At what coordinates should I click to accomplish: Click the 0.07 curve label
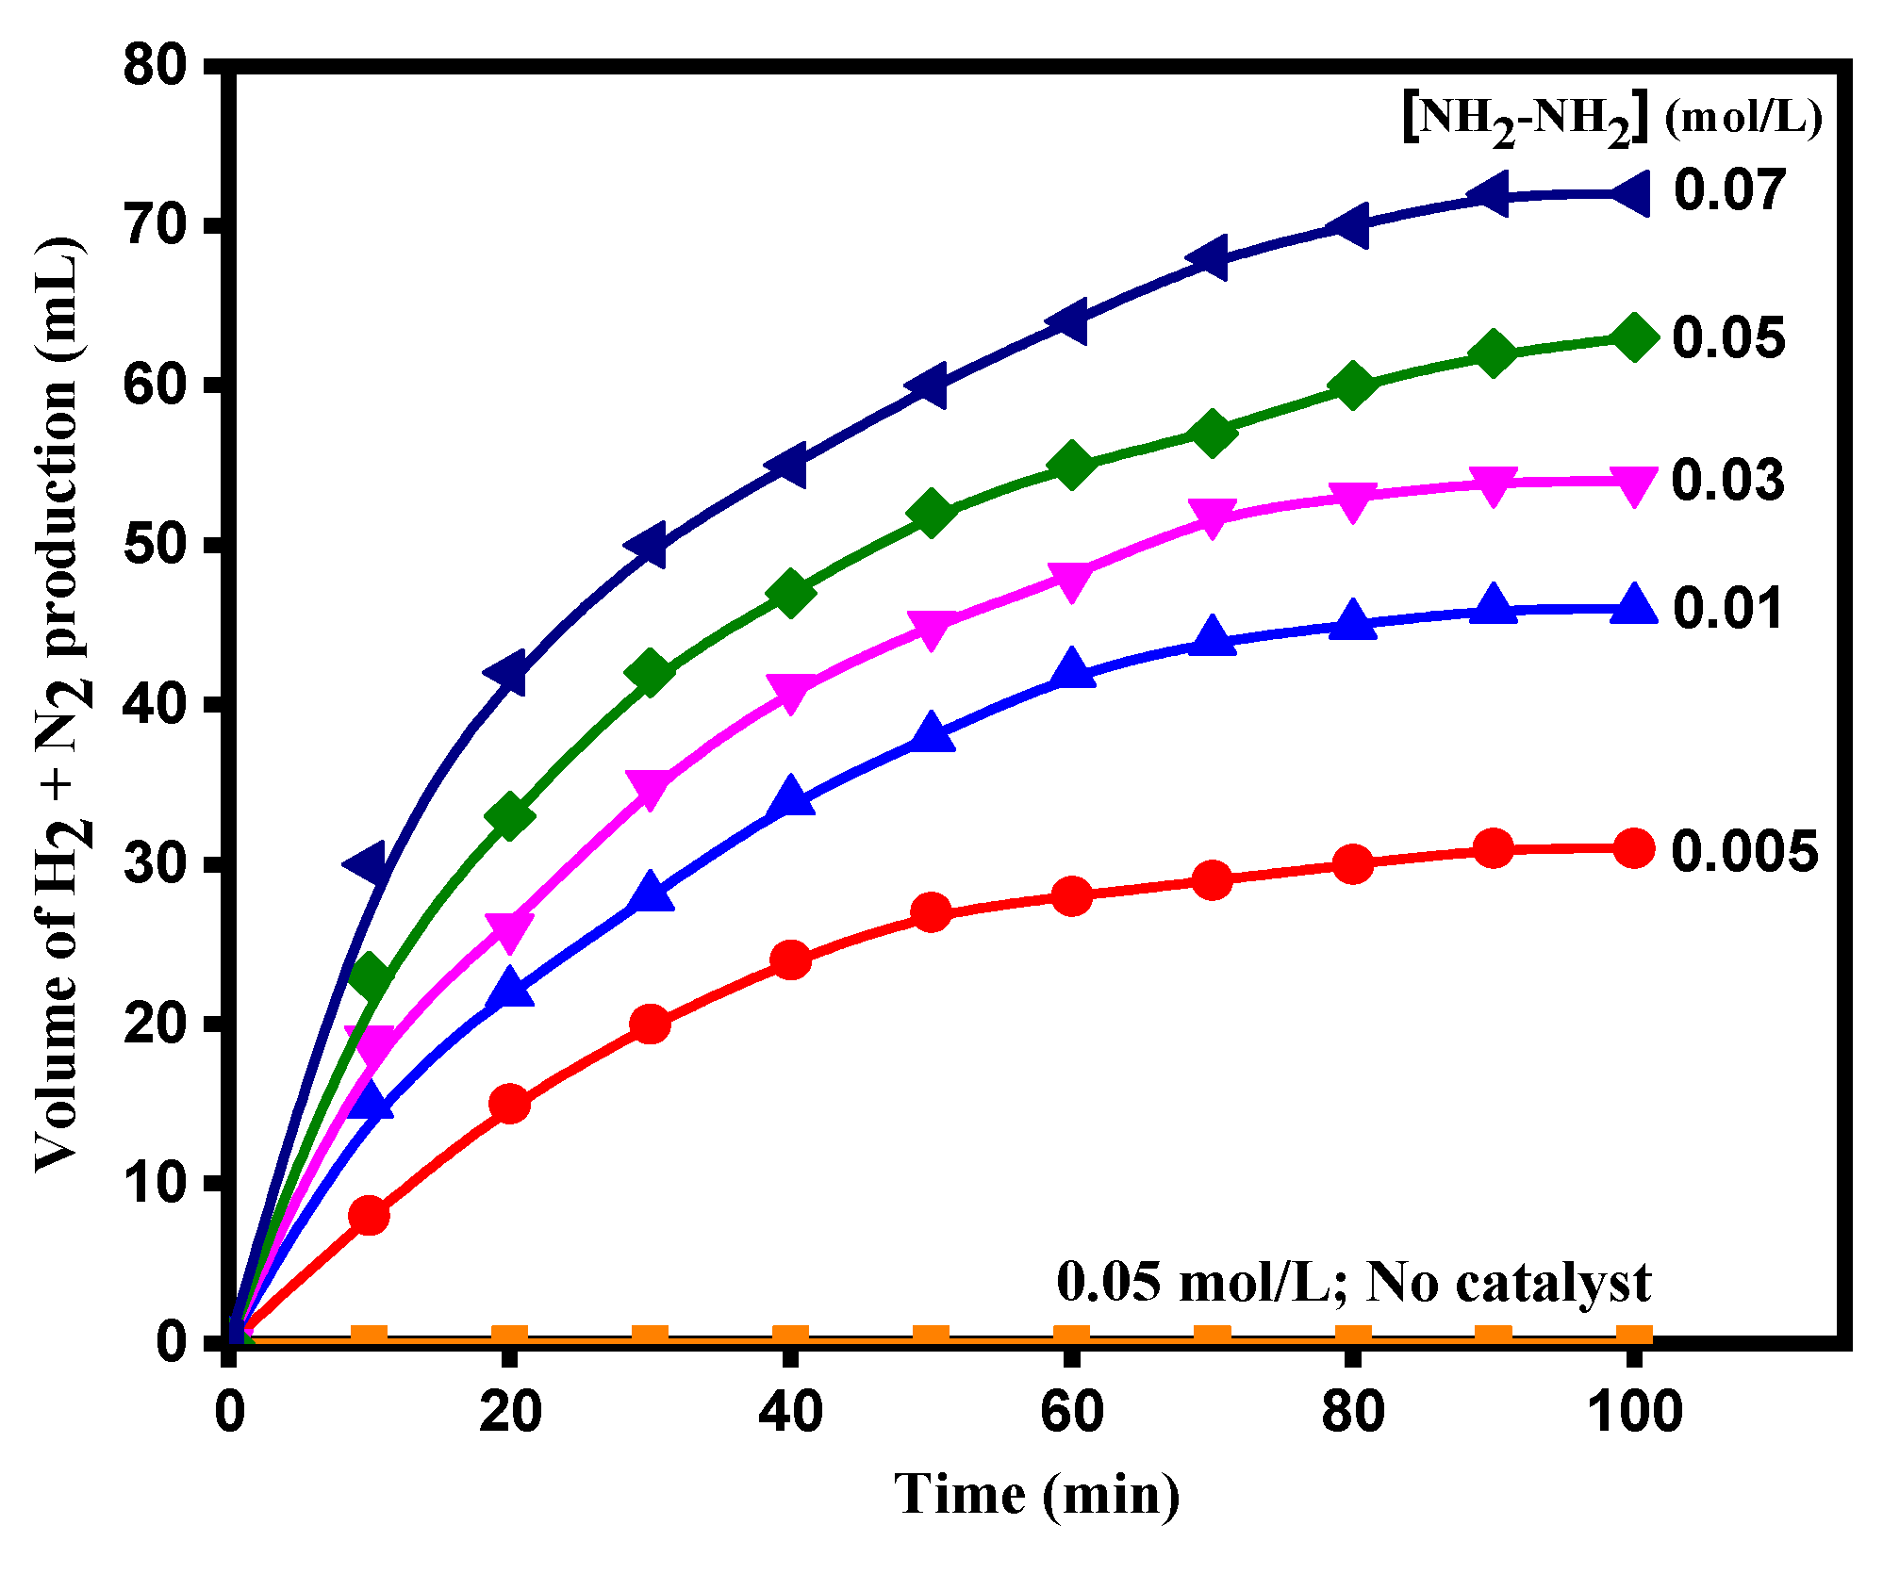coord(1729,189)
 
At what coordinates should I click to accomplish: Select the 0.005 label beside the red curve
coord(1744,851)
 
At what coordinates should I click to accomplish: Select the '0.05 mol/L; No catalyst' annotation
coord(1353,1283)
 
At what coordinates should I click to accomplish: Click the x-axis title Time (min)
coord(1036,1495)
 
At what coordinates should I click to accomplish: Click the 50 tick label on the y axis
coord(155,544)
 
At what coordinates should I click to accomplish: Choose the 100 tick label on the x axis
coord(1634,1412)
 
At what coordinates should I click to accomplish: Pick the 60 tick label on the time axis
coord(1071,1412)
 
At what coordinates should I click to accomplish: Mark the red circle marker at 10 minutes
coord(369,1216)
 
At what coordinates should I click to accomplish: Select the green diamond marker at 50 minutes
coord(931,513)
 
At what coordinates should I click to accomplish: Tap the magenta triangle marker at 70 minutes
coord(1212,517)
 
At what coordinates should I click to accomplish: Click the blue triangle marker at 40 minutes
coord(790,798)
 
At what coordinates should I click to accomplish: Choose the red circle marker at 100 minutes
coord(1634,848)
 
